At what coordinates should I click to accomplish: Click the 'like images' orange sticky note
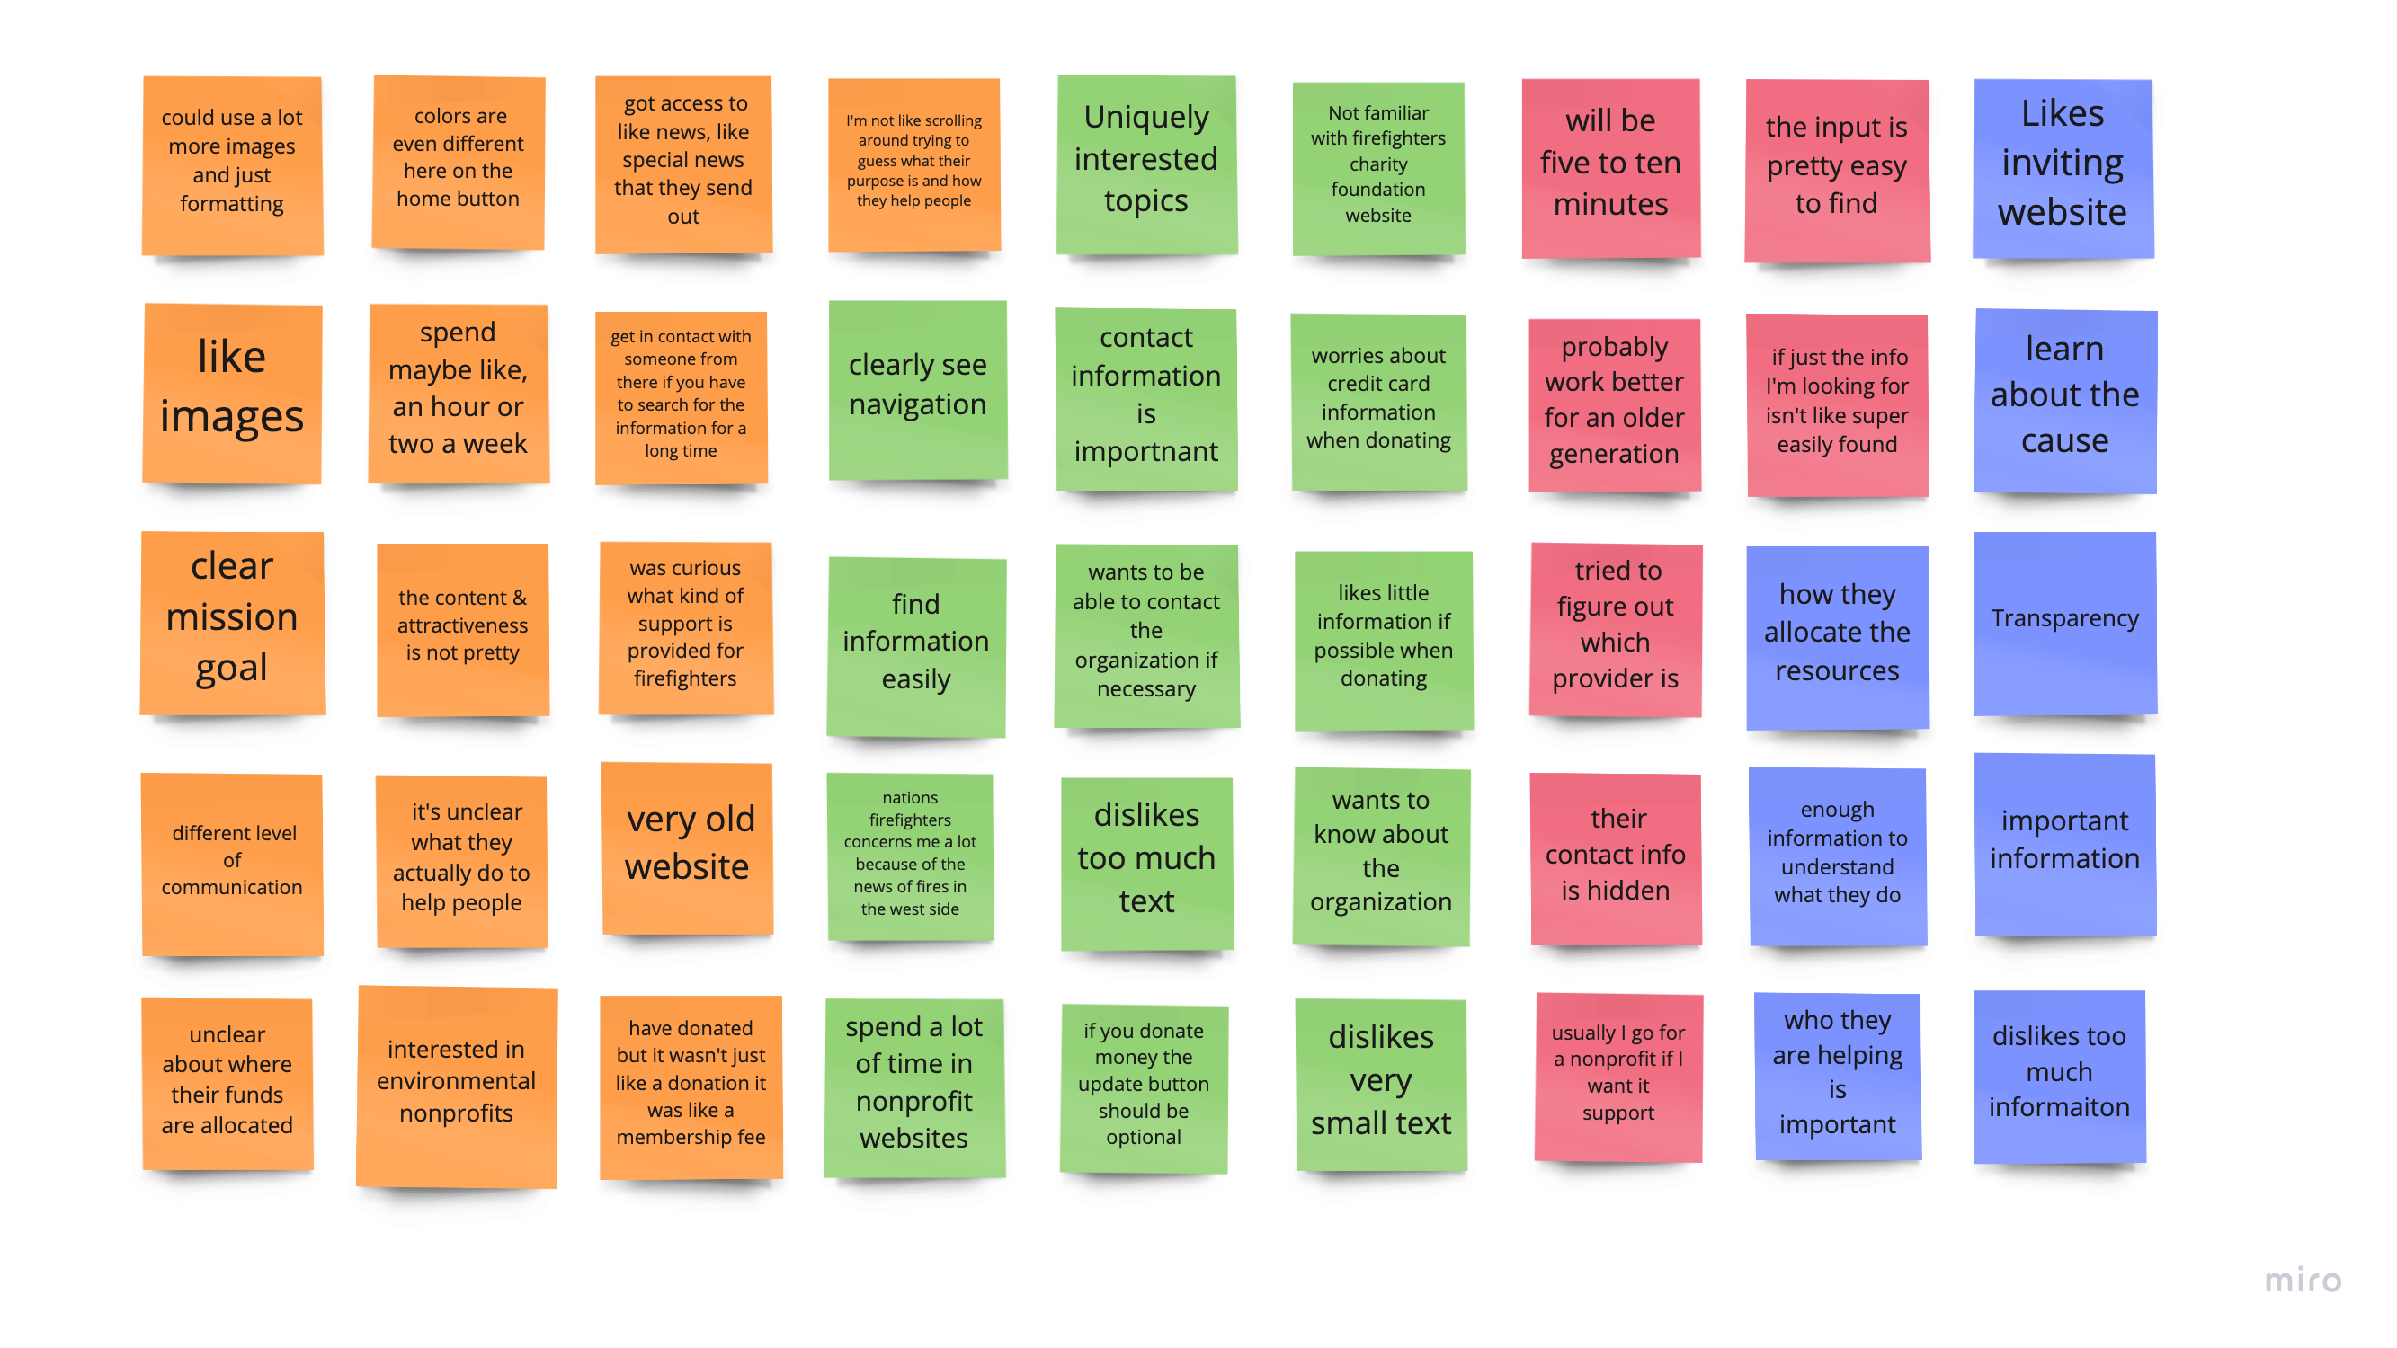(232, 394)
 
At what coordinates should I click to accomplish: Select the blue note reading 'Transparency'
(2065, 624)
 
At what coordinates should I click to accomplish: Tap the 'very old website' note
(688, 848)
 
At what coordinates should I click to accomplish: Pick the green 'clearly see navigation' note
(917, 390)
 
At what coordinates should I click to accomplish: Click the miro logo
(2303, 1280)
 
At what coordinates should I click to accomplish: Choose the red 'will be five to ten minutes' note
(1610, 168)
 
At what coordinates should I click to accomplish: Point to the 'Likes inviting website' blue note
(2063, 168)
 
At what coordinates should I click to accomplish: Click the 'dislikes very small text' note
(1381, 1084)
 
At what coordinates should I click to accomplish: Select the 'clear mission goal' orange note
(233, 624)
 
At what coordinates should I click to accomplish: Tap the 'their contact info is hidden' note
(1616, 858)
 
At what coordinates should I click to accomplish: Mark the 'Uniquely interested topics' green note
(1146, 164)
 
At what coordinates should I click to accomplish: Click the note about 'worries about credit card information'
(1379, 402)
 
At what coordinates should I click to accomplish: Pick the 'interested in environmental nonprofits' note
(457, 1086)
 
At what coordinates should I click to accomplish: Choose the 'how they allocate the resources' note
(1838, 637)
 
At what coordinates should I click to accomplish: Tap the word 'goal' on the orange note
(232, 668)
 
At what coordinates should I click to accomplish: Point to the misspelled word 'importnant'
(1145, 451)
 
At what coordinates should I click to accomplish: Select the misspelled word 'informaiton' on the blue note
(2059, 1107)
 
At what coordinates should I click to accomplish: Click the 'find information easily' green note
(916, 646)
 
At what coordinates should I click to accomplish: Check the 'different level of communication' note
(232, 865)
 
